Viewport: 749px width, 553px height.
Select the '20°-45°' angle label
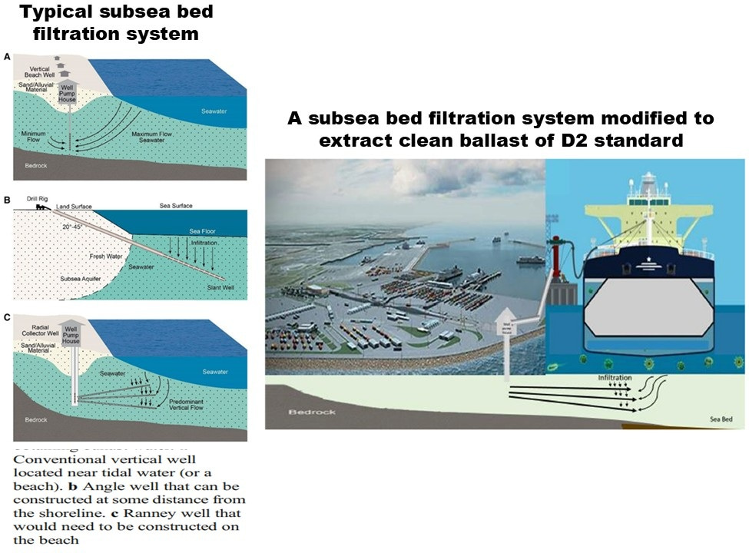pos(76,227)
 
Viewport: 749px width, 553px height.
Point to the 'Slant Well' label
pos(220,289)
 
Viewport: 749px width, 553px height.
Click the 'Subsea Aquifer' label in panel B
pos(81,277)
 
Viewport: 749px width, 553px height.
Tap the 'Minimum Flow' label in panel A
pos(35,137)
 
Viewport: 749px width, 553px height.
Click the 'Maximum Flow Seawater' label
pos(156,137)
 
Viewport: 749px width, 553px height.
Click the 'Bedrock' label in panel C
pos(35,419)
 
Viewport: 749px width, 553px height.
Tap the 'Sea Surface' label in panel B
pos(176,206)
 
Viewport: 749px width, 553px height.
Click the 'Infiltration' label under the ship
pos(614,378)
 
